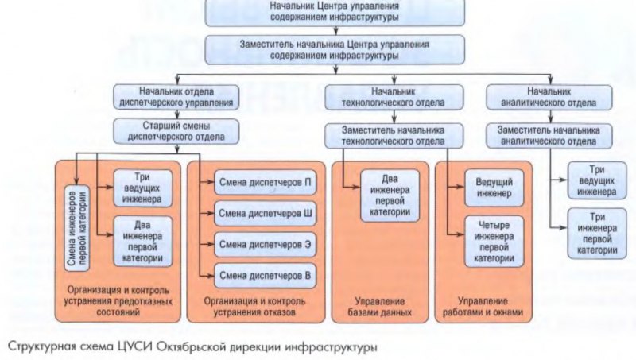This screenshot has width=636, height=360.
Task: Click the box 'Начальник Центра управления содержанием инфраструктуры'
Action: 317,12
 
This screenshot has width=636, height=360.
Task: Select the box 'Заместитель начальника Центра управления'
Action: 317,50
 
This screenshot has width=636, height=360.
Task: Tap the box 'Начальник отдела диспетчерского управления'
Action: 176,96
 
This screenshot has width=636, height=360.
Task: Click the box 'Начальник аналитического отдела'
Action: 549,96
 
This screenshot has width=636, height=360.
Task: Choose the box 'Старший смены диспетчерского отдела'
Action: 176,131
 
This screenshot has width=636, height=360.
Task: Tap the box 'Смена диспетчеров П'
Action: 265,183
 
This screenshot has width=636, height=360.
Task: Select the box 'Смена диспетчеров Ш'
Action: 265,214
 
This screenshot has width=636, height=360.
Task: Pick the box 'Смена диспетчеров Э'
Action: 265,245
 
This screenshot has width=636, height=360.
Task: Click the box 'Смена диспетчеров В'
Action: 265,275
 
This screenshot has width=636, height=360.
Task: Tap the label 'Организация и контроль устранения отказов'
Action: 249,307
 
